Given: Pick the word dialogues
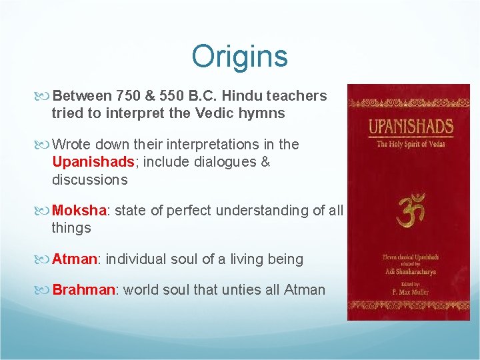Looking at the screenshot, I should coord(226,162).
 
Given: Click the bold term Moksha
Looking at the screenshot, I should coord(79,211).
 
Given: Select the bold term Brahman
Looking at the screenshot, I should coord(83,290).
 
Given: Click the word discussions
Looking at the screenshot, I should coord(89,179).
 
